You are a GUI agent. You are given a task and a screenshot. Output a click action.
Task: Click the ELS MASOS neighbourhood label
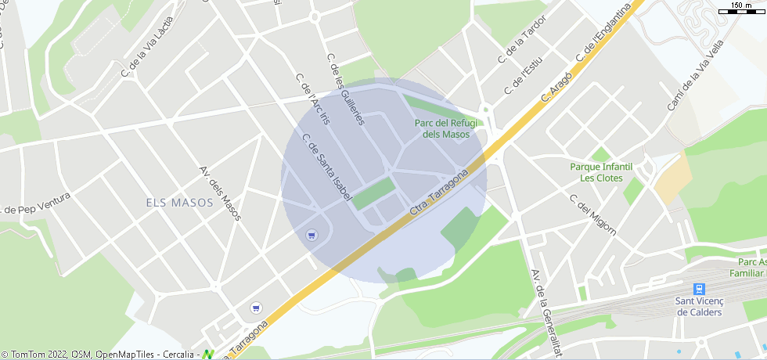click(x=179, y=203)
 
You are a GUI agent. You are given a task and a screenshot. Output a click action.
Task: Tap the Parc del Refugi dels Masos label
click(x=446, y=128)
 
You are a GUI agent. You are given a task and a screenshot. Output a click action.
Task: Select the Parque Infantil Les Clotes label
click(x=601, y=172)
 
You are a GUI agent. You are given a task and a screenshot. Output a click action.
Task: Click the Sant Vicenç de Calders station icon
click(x=699, y=289)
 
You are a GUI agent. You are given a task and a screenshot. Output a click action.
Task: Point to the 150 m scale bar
click(x=741, y=9)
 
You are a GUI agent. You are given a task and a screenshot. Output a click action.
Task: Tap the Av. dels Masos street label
click(x=221, y=193)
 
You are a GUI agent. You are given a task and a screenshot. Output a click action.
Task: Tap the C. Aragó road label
click(x=557, y=85)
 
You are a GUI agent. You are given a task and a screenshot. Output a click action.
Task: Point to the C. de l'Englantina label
click(x=603, y=35)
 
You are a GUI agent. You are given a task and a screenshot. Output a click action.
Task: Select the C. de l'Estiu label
click(x=524, y=76)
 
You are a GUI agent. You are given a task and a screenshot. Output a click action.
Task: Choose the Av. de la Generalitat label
click(x=546, y=313)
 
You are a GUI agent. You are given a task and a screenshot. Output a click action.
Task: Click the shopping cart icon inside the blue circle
click(x=312, y=235)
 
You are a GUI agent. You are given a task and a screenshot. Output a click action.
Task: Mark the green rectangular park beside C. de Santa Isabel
click(x=373, y=193)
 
